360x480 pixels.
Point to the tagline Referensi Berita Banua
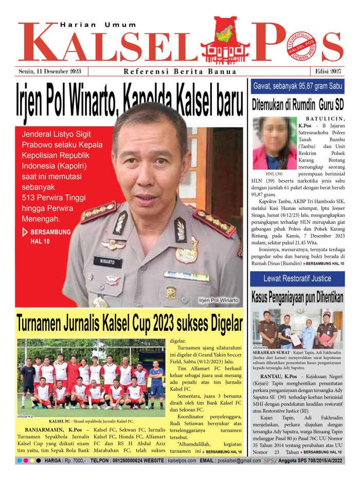coord(180,72)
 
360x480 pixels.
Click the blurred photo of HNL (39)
coord(275,143)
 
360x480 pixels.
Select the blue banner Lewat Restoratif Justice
coord(297,278)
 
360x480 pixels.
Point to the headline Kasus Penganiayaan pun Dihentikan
coord(297,297)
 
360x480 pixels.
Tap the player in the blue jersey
coord(156,383)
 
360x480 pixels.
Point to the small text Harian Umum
coord(98,24)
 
